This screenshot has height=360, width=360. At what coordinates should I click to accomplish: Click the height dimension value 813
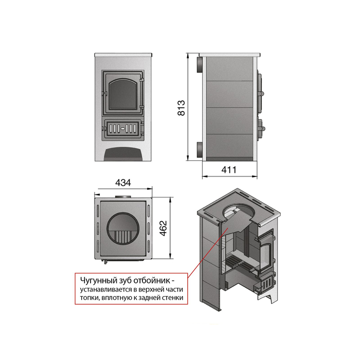tap(181, 107)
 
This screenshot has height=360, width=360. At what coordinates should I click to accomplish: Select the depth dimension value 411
tap(229, 170)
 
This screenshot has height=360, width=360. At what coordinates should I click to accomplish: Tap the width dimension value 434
tap(123, 183)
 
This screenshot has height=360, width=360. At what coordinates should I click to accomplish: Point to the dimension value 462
tap(163, 228)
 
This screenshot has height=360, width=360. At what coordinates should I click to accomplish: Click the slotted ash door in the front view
tap(123, 129)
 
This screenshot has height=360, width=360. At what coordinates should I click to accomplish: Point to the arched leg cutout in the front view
tap(123, 153)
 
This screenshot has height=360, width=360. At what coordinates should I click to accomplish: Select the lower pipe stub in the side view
tap(200, 150)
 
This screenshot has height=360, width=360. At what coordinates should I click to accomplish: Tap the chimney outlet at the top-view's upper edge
tap(123, 197)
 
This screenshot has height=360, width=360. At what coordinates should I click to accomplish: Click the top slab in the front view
tap(123, 55)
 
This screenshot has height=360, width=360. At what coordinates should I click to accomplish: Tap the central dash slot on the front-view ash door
tap(123, 129)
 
